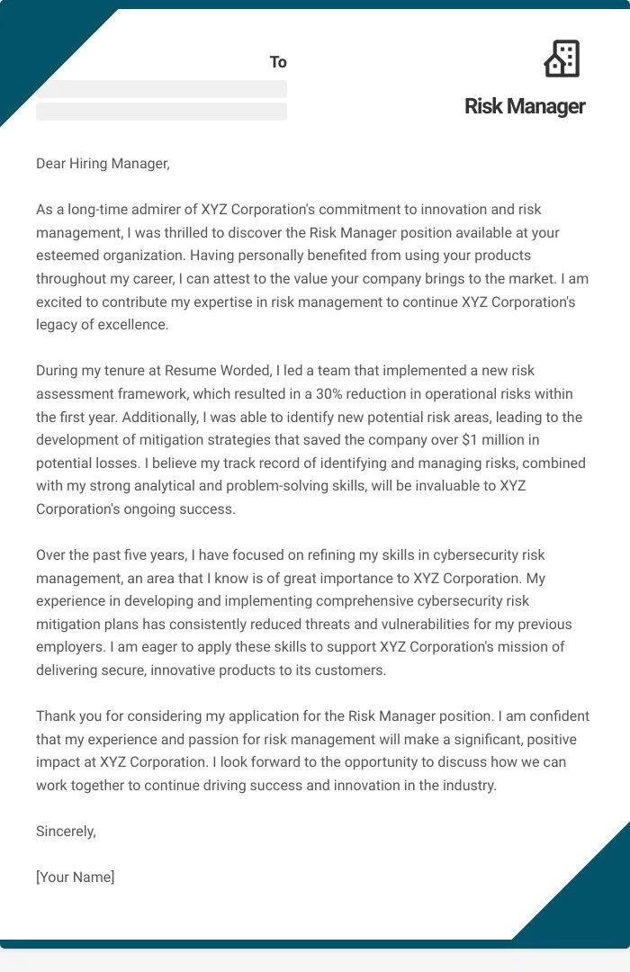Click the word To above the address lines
(278, 62)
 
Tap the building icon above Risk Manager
(562, 58)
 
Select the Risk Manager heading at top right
(525, 106)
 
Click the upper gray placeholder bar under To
(161, 89)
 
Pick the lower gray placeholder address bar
(161, 112)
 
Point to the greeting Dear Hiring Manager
(103, 164)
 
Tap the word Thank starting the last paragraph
(56, 716)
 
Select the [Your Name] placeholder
(76, 877)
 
